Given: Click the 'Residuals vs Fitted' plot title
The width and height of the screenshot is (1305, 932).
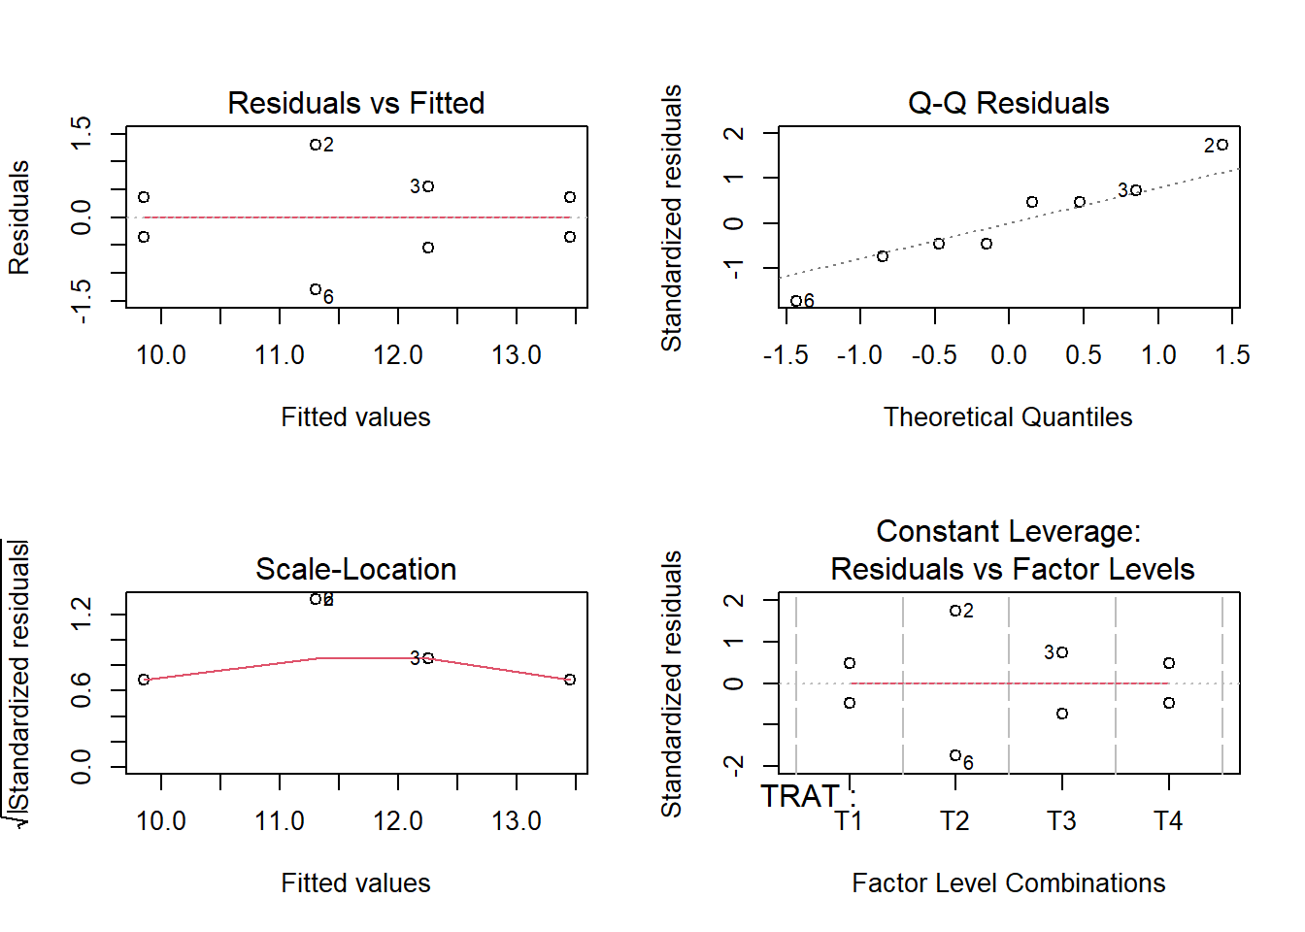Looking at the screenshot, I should coord(355,103).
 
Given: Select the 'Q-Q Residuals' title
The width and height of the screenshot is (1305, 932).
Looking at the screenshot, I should coord(1008,103).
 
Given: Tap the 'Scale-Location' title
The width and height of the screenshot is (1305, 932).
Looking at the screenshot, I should coord(355,569).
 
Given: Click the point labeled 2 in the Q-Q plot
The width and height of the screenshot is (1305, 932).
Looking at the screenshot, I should coord(1222,145).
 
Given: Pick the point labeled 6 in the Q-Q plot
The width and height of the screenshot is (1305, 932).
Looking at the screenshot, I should coord(796,301).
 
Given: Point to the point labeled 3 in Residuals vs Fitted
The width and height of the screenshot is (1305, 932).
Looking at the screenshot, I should coord(428,185).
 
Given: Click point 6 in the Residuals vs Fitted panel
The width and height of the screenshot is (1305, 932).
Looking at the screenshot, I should coord(316,289).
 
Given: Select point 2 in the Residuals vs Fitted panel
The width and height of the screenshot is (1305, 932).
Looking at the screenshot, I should coord(316,145).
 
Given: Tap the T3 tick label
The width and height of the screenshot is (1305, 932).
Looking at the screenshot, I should coord(1061,821).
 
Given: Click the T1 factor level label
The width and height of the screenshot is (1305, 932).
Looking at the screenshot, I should coord(849,821).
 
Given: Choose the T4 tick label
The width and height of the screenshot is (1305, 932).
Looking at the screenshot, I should coord(1168,821).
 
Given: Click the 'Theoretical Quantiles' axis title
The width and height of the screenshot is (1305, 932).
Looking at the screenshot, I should coord(1008,417).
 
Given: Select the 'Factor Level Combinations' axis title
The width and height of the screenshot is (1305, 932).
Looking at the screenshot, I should coord(1008,883).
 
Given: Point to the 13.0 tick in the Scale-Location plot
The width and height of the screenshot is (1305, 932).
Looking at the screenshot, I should coord(517,821).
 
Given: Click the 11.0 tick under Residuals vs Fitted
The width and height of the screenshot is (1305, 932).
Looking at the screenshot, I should coord(280,355).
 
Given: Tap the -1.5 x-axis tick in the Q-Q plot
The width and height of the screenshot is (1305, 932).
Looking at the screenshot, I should coord(786,355).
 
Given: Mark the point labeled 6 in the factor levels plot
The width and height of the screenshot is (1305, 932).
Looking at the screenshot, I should coord(955,755).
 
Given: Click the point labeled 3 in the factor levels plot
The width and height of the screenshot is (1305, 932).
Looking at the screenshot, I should coord(1063,652).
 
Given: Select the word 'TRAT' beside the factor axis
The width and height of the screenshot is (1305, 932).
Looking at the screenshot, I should coord(799,796).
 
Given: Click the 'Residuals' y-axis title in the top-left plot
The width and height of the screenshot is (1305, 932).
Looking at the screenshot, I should coord(19,217).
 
